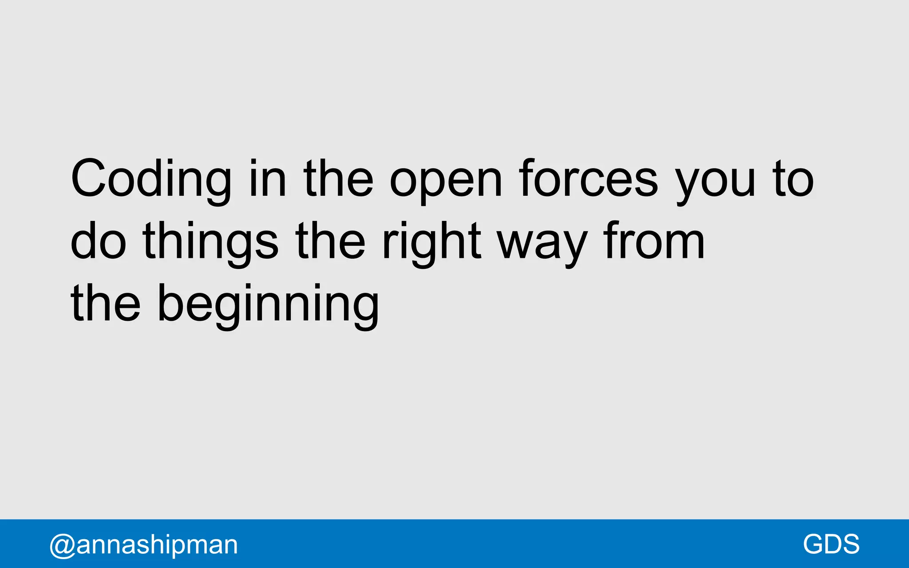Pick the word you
click(715, 182)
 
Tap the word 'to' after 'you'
click(793, 178)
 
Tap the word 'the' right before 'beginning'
click(106, 303)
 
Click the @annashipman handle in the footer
click(144, 545)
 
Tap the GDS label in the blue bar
click(831, 544)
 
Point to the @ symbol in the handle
click(62, 545)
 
